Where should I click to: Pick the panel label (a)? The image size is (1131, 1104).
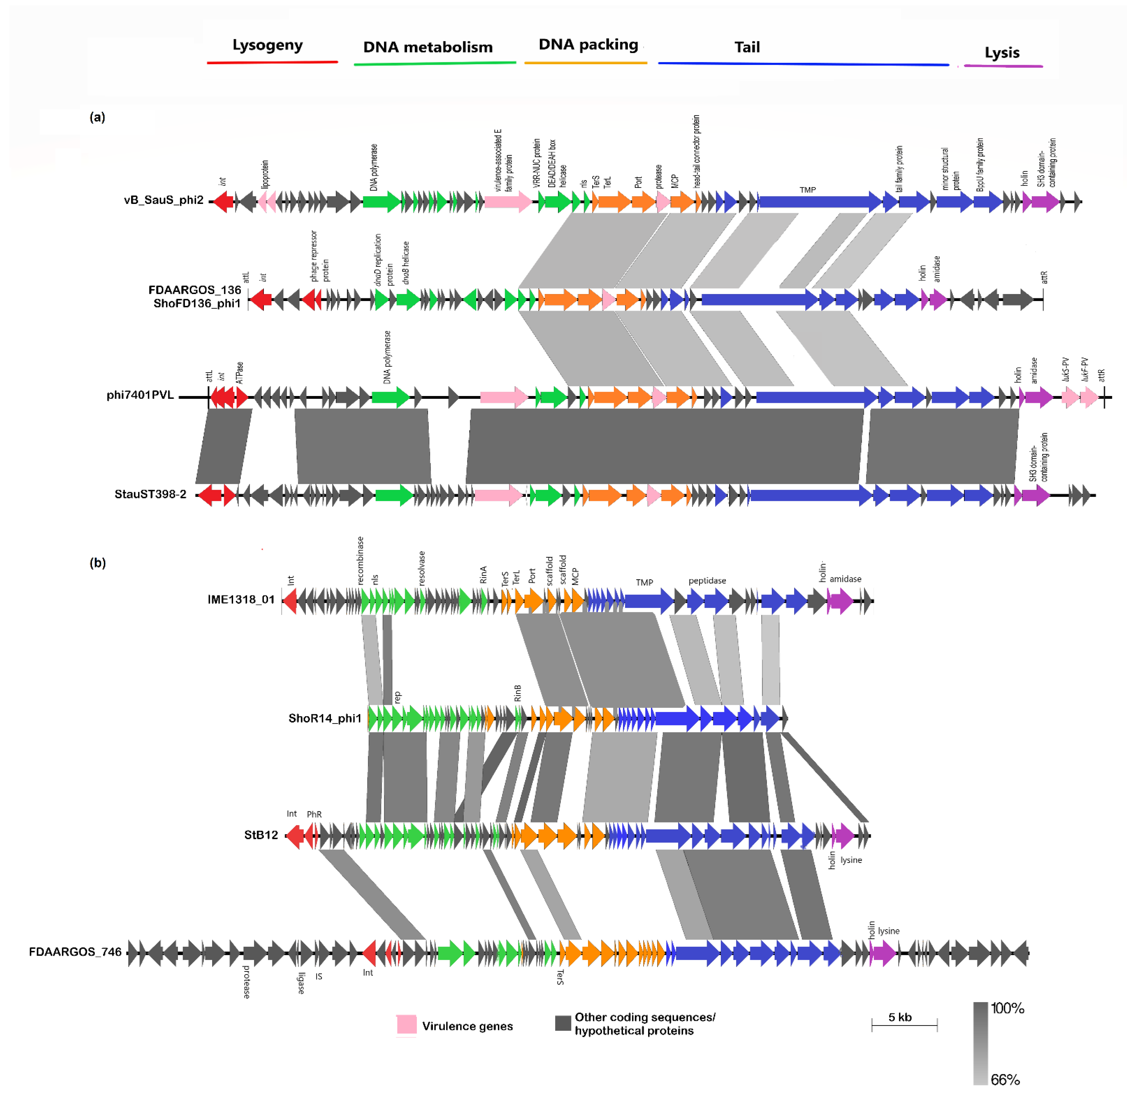[x=97, y=117]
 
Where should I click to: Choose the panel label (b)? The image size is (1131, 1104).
[x=97, y=563]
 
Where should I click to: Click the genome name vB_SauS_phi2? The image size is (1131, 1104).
[x=163, y=200]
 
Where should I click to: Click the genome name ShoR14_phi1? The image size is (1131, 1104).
[x=325, y=718]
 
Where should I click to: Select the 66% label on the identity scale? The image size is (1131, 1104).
[x=1005, y=1080]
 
